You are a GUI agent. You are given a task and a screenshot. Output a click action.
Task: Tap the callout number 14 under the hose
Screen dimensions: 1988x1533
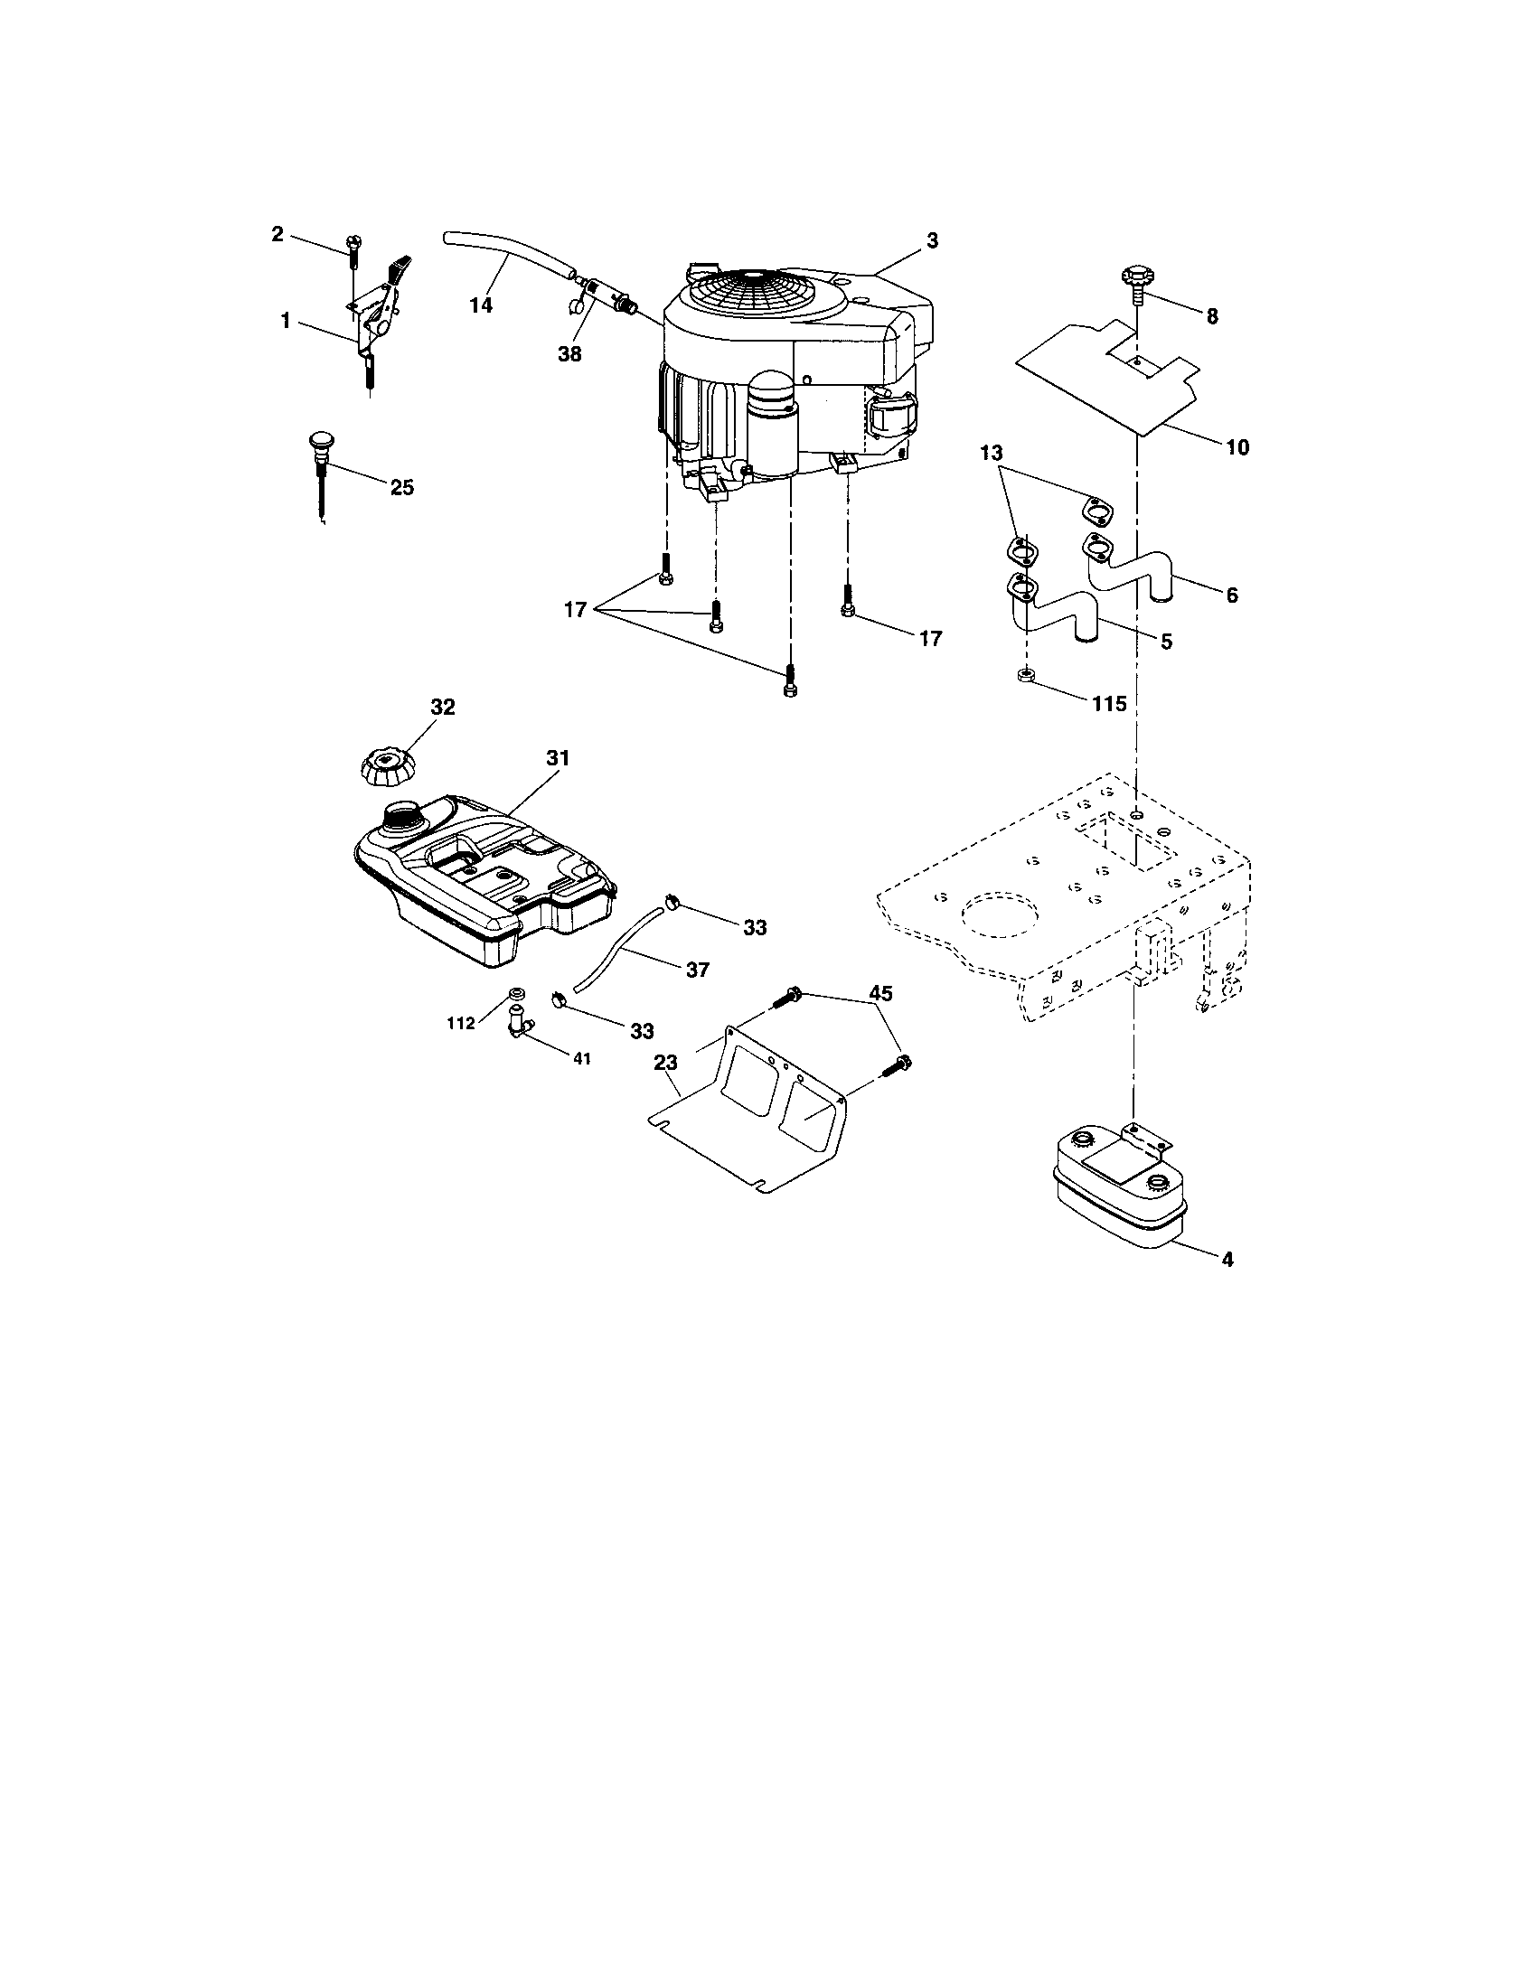481,305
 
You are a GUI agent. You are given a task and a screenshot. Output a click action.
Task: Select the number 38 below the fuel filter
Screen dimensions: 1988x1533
569,354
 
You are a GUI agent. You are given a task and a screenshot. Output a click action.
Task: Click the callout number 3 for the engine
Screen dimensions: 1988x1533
931,240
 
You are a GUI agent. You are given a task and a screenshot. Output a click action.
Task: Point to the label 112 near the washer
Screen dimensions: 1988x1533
461,1023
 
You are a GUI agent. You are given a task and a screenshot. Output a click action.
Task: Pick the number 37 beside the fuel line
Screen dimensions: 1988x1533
697,971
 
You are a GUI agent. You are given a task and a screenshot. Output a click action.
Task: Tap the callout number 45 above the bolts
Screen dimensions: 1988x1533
879,993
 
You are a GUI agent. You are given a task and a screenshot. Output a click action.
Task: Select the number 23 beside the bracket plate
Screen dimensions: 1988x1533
665,1062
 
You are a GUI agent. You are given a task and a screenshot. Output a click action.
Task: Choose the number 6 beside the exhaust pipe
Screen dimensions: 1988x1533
1232,595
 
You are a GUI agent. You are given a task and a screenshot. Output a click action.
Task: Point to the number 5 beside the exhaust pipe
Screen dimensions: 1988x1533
1166,642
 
